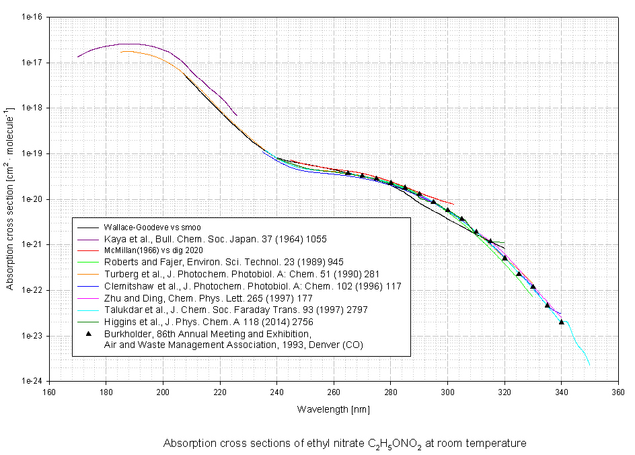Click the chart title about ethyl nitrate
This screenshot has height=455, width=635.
(x=344, y=444)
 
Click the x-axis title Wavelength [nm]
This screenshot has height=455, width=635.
(x=334, y=409)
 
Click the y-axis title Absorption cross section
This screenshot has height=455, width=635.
(x=10, y=199)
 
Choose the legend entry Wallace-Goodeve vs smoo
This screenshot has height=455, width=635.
(x=152, y=227)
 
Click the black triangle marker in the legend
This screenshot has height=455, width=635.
(x=89, y=333)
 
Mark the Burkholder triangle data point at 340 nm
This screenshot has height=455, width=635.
(x=561, y=322)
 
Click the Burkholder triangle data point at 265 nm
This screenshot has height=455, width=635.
(x=348, y=173)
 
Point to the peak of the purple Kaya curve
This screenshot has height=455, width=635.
(x=128, y=44)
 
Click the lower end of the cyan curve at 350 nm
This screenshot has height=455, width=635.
(x=589, y=365)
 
